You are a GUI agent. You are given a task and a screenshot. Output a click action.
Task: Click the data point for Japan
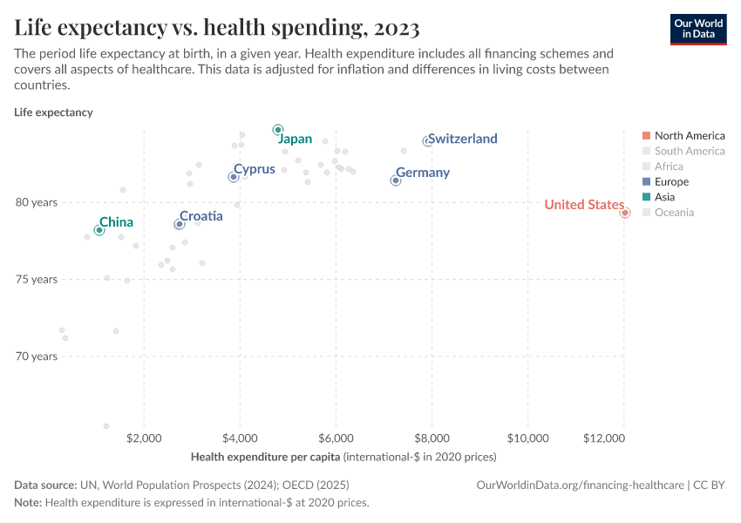pos(278,130)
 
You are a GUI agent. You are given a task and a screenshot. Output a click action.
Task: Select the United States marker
pos(625,213)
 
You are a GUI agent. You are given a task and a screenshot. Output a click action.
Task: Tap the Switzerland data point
pos(427,141)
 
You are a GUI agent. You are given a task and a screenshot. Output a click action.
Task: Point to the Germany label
pos(423,173)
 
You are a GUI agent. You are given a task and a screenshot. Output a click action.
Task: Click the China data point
pos(99,230)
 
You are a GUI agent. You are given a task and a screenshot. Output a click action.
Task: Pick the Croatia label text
pos(201,216)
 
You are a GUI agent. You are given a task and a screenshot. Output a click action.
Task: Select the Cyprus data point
pos(234,177)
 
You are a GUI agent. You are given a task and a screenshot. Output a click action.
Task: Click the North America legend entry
pos(689,136)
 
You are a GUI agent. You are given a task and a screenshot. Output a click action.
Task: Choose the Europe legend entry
pos(671,182)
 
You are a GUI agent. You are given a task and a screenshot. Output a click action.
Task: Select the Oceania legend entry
pos(674,213)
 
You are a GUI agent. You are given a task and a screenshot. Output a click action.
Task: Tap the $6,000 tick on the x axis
pos(336,437)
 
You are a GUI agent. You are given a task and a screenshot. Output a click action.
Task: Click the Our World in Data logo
pos(697,29)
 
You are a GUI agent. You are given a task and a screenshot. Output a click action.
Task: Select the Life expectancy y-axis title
pos(53,112)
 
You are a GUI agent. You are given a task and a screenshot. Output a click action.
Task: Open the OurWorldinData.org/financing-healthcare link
pos(580,486)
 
